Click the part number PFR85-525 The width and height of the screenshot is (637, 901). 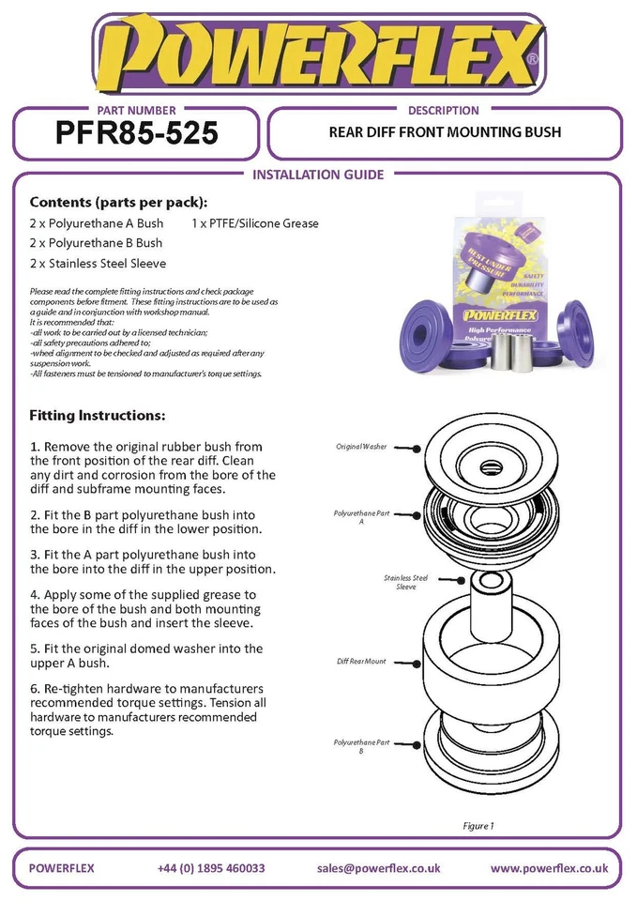point(137,133)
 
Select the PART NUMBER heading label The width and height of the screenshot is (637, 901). point(136,110)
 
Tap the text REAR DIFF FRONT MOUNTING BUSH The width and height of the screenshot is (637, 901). point(445,132)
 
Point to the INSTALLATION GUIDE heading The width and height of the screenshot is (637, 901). point(318,175)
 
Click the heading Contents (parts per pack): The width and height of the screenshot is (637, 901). point(118,203)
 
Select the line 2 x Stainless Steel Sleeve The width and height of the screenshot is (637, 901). point(98,264)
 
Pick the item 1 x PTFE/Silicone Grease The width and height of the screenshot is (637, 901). point(254,223)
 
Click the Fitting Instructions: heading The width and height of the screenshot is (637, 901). point(98,414)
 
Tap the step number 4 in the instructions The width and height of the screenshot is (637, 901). point(34,595)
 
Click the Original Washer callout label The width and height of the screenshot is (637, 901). point(360,447)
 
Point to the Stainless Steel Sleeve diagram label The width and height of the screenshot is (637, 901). point(405,582)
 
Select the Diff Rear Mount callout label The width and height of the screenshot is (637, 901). point(361,662)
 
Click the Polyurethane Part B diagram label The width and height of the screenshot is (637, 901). point(361,747)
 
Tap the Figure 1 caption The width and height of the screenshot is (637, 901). point(477,826)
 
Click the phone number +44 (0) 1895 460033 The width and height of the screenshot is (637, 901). point(211,868)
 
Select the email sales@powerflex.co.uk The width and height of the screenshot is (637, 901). point(378,868)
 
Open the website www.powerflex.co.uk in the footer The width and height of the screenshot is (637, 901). point(549,868)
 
